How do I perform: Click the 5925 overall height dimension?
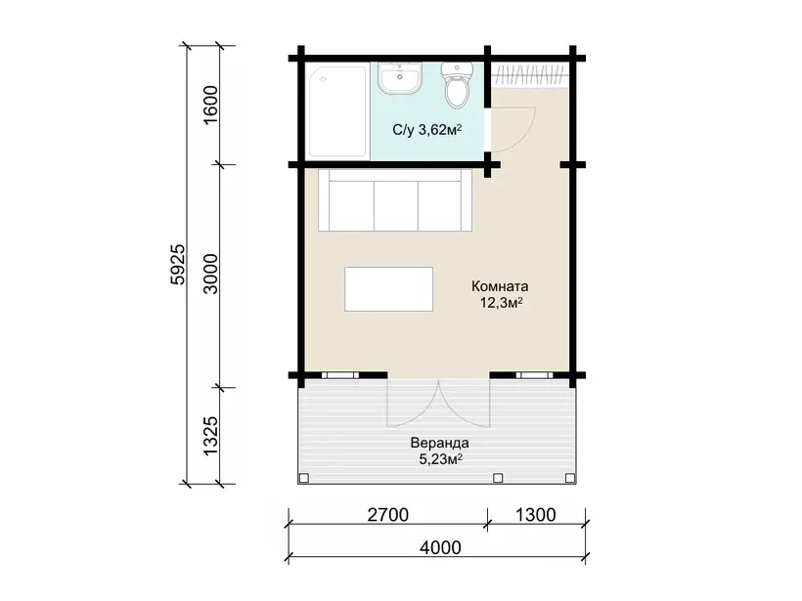tap(178, 264)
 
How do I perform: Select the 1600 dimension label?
tap(210, 105)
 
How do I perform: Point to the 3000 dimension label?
tap(210, 274)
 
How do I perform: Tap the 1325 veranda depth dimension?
tap(210, 436)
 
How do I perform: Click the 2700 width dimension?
tap(387, 515)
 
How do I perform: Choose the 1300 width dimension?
tap(535, 515)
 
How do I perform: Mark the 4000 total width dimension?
tap(440, 547)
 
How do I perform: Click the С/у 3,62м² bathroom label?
tap(427, 130)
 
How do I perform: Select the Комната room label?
tap(500, 286)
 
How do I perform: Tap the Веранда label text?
tap(440, 443)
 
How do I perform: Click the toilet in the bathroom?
tap(457, 85)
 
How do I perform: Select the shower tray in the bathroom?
tap(337, 111)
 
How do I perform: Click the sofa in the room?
tap(395, 201)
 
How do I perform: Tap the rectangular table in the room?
tap(388, 289)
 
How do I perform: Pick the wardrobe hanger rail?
tap(530, 74)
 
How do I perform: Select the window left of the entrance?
tap(340, 375)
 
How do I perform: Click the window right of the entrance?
tap(534, 375)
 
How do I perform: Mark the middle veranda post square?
tap(498, 478)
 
